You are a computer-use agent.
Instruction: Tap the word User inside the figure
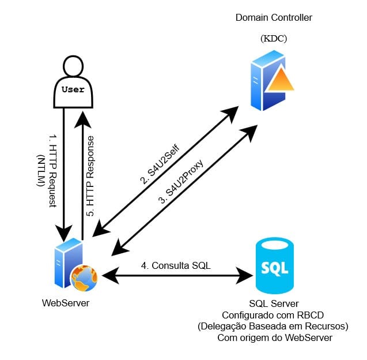coord(73,90)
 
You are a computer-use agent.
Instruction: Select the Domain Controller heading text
coord(274,18)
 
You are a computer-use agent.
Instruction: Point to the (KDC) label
coord(274,39)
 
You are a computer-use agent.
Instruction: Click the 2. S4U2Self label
coord(161,164)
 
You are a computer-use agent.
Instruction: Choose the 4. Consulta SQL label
coord(176,266)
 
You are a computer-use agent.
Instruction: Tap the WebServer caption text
coord(66,302)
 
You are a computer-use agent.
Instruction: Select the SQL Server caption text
coord(274,303)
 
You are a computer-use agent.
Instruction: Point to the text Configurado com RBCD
coord(274,315)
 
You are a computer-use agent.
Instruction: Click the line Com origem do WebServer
coord(274,338)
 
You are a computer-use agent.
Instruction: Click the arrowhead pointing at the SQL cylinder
coord(247,275)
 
